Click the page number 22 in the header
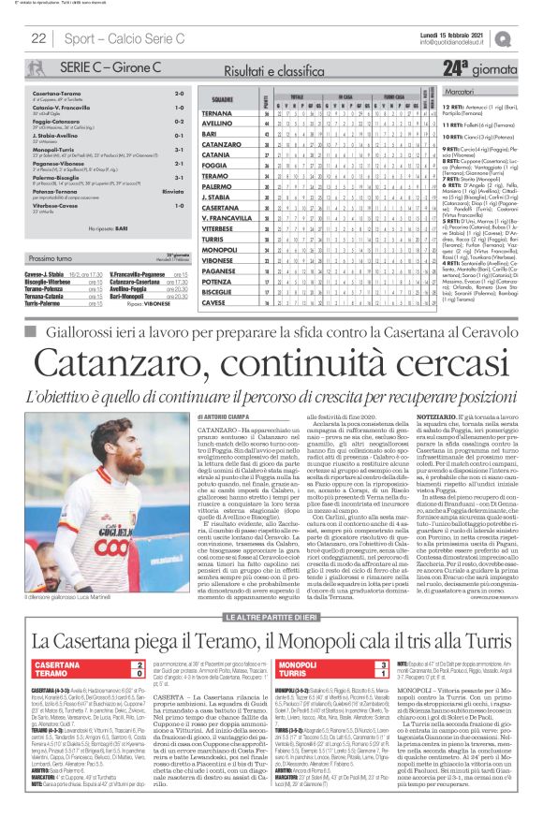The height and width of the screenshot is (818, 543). pyautogui.click(x=38, y=38)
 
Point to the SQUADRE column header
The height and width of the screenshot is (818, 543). pyautogui.click(x=221, y=98)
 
